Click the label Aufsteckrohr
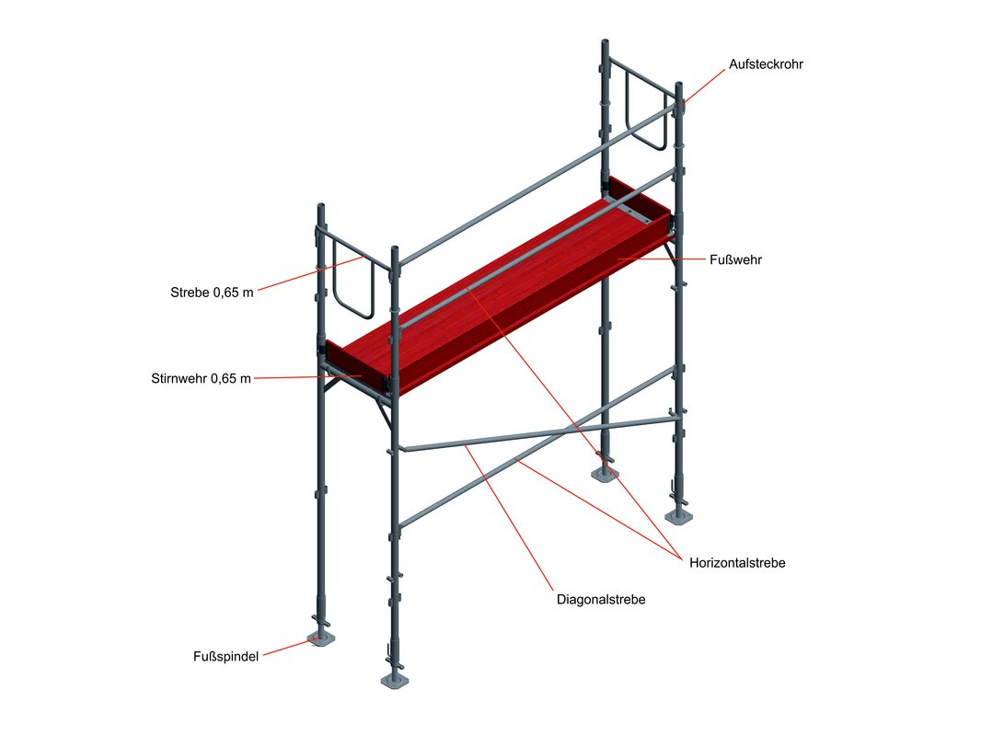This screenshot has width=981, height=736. pyautogui.click(x=766, y=64)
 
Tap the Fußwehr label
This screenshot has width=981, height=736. pyautogui.click(x=736, y=259)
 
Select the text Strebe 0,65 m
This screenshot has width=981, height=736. pyautogui.click(x=212, y=292)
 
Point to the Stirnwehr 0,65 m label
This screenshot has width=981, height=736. pyautogui.click(x=201, y=378)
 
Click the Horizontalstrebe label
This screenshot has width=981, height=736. pyautogui.click(x=737, y=563)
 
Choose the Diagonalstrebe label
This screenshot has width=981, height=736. pyautogui.click(x=601, y=600)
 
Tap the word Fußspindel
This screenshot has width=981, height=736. pyautogui.click(x=225, y=657)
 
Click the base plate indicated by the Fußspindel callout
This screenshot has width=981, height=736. pyautogui.click(x=321, y=638)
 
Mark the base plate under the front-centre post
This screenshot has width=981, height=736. pyautogui.click(x=395, y=681)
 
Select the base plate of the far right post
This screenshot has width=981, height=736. pyautogui.click(x=679, y=516)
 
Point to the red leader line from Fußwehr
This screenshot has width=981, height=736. pyautogui.click(x=661, y=259)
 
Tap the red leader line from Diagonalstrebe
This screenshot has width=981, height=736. pyautogui.click(x=509, y=516)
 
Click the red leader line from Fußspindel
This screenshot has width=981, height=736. pyautogui.click(x=291, y=647)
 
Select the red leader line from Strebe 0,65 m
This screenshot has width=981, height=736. pyautogui.click(x=310, y=273)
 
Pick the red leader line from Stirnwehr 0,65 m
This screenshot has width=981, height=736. pyautogui.click(x=307, y=377)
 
